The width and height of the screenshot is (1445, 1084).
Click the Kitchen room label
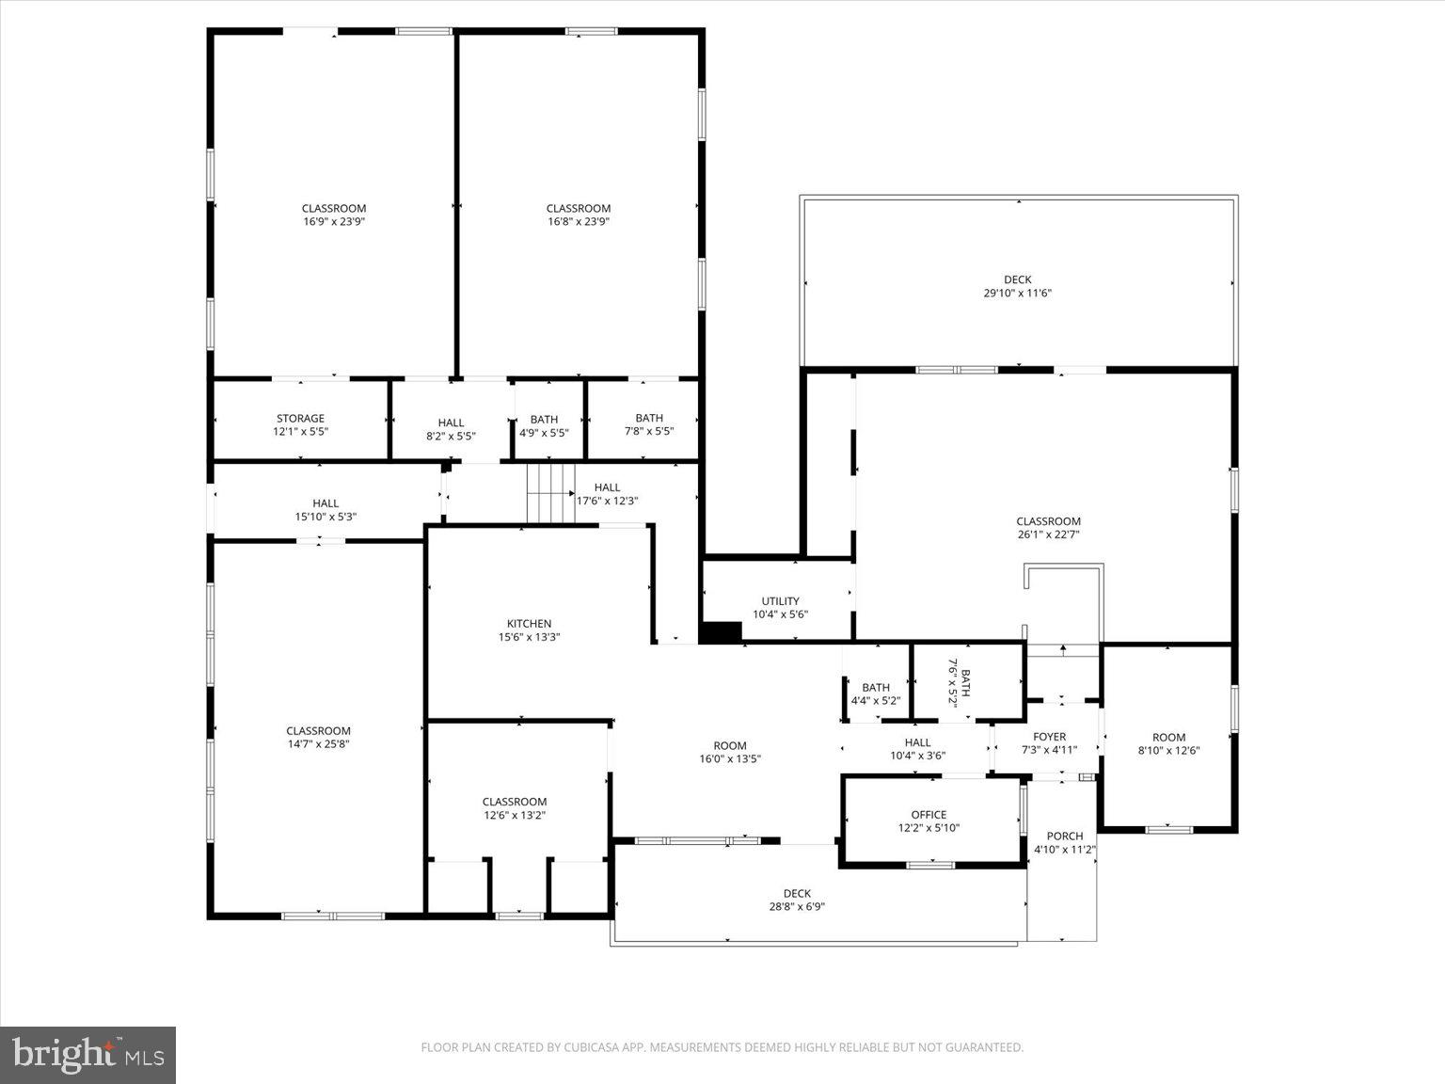click(x=529, y=624)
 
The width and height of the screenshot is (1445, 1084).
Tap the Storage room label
click(x=300, y=419)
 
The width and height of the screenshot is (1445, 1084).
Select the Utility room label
click(x=780, y=601)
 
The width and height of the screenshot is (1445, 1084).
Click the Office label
click(x=929, y=815)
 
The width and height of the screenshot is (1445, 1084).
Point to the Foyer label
click(x=1049, y=737)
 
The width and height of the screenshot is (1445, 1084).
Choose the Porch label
click(x=1064, y=836)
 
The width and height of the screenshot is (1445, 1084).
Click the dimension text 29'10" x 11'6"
click(x=1017, y=293)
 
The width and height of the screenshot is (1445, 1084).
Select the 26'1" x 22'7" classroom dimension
click(x=1048, y=534)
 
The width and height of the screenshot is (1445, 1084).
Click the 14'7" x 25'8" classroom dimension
click(x=318, y=744)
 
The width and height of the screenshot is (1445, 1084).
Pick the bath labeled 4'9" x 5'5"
click(x=544, y=426)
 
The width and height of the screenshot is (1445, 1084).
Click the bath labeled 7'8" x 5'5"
click(x=649, y=425)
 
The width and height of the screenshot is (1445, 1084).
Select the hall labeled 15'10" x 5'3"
click(x=326, y=510)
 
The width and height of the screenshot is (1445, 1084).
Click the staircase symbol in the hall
click(x=549, y=493)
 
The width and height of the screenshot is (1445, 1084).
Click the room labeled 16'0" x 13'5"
click(x=729, y=752)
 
